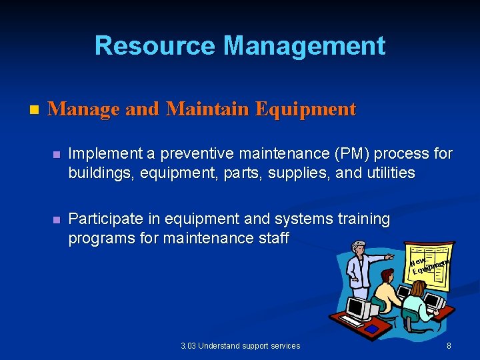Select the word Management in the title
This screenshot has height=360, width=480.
pos(304,46)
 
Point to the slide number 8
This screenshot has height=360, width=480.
pos(449,346)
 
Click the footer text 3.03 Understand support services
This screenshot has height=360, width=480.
pos(240,346)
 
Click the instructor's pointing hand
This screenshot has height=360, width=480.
pos(390,256)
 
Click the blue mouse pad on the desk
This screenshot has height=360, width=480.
pos(373,328)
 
